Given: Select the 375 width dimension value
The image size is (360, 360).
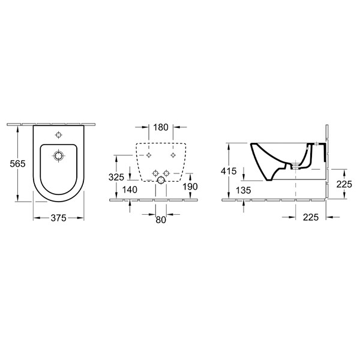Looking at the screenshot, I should tap(58, 218).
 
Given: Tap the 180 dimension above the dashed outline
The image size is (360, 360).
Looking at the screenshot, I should tap(160, 128).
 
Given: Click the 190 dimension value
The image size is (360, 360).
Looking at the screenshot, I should tap(190, 186).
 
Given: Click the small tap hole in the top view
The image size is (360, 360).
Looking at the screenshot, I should tap(58, 134).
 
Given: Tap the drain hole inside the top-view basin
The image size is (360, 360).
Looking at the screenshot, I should tap(58, 156).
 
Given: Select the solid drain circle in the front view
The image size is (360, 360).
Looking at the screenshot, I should tap(160, 179).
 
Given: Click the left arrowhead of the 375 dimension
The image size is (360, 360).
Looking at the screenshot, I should tap(34, 218).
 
